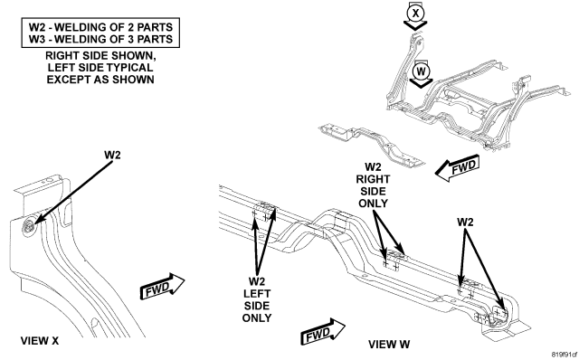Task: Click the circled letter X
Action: [x=415, y=14]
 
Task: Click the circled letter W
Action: [x=421, y=71]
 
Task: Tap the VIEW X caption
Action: [x=40, y=340]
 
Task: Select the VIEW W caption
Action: [x=389, y=344]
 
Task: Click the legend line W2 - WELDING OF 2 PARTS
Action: [x=100, y=27]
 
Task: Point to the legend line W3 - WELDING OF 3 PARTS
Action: [x=100, y=39]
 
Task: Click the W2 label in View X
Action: [x=112, y=155]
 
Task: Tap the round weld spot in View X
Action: [x=28, y=225]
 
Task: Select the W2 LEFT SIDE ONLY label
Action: [x=257, y=299]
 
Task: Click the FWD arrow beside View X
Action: [x=162, y=287]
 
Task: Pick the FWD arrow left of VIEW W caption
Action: [x=323, y=332]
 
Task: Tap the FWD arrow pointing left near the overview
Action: [x=458, y=168]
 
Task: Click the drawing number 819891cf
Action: [x=565, y=355]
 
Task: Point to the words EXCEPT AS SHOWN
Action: [x=100, y=80]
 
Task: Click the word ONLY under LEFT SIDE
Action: [x=257, y=317]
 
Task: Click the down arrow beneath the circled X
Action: [x=415, y=26]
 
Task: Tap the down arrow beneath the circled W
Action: [x=421, y=83]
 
